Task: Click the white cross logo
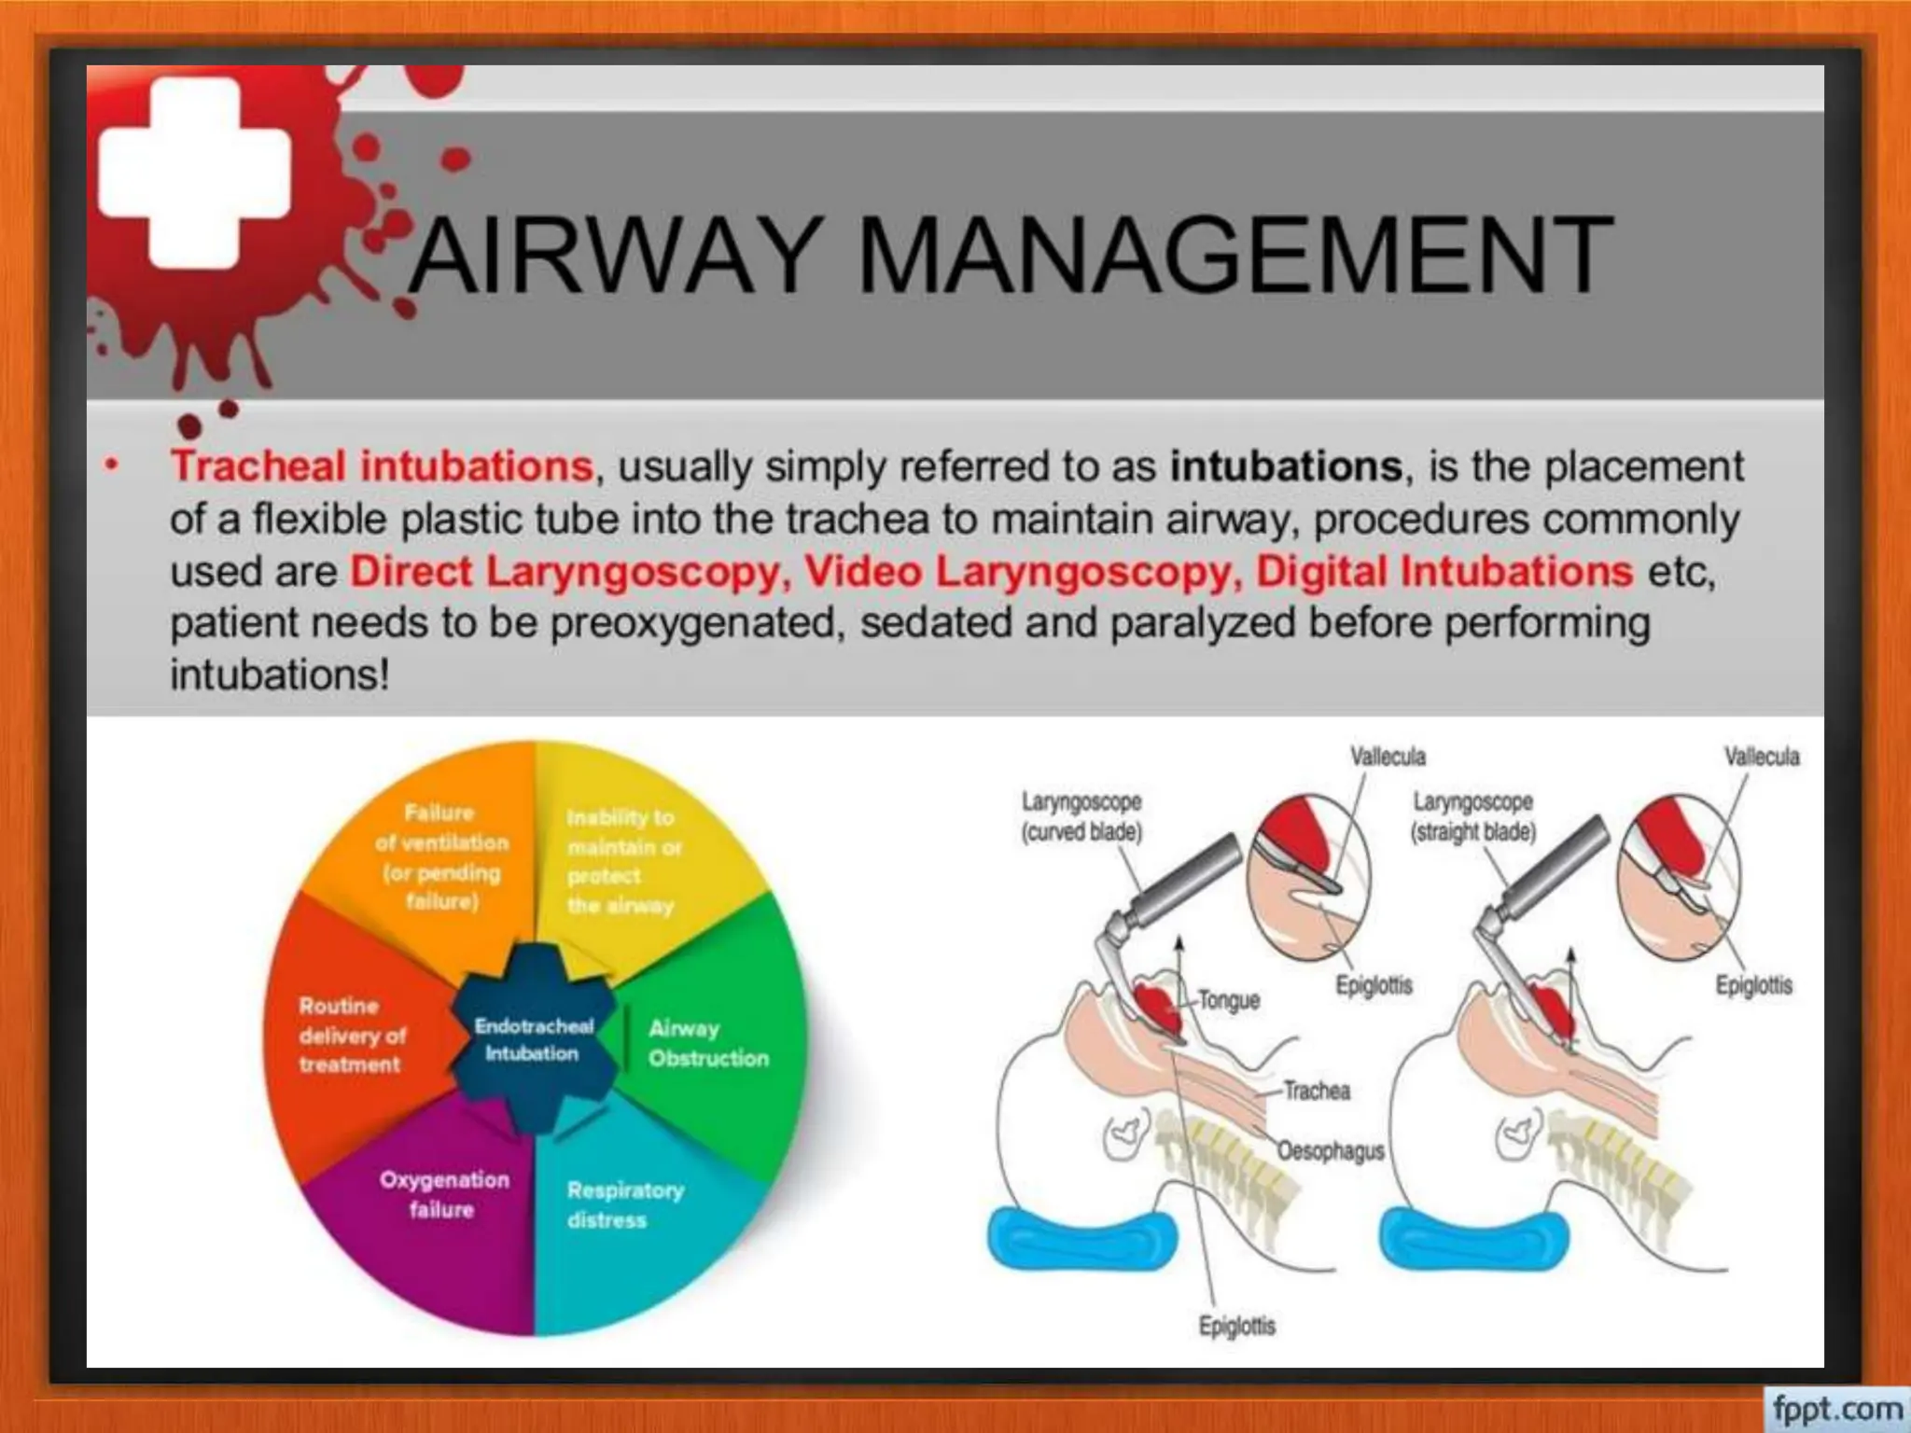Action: click(x=194, y=173)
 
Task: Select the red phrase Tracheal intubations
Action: click(x=381, y=466)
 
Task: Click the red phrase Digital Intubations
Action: click(x=1444, y=571)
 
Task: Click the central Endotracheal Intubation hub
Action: click(x=534, y=1039)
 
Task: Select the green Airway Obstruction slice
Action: click(x=709, y=1043)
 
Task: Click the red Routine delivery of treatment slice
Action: click(x=351, y=1036)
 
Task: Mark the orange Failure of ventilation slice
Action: click(x=441, y=856)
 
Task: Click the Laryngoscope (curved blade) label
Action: click(x=1081, y=816)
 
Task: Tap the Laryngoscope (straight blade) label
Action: click(x=1472, y=816)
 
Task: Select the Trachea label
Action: click(x=1316, y=1091)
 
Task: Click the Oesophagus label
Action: click(x=1330, y=1151)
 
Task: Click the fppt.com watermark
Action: click(x=1836, y=1407)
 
